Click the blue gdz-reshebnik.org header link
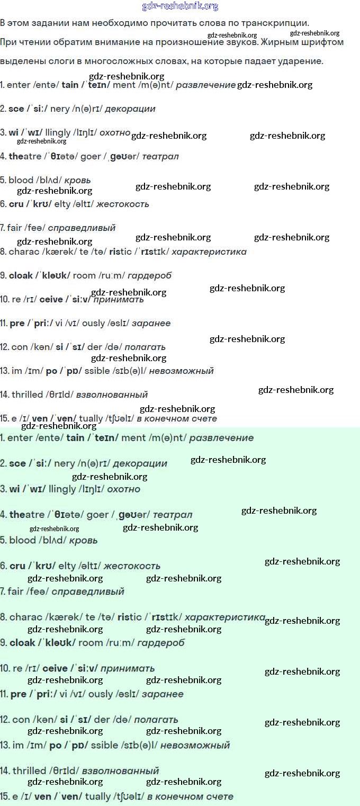coord(180,6)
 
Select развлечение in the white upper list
coord(205,85)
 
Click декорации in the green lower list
coord(140,463)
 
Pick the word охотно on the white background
coord(115,133)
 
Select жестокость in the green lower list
coord(132,566)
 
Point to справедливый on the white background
coord(82,228)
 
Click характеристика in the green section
coord(224,617)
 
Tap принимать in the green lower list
coord(128,669)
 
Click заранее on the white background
coord(151,324)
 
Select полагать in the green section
coord(156,720)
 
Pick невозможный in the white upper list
coord(181,371)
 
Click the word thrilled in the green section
coord(29,771)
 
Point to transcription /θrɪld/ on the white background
coord(58,395)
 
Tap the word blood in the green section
coord(23,541)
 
